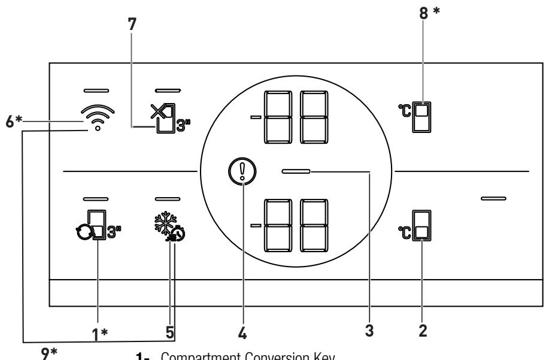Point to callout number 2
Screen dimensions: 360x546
[423, 331]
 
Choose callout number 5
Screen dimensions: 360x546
[170, 331]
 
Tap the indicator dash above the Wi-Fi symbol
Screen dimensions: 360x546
[96, 91]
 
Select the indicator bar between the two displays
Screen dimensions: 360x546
[296, 172]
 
